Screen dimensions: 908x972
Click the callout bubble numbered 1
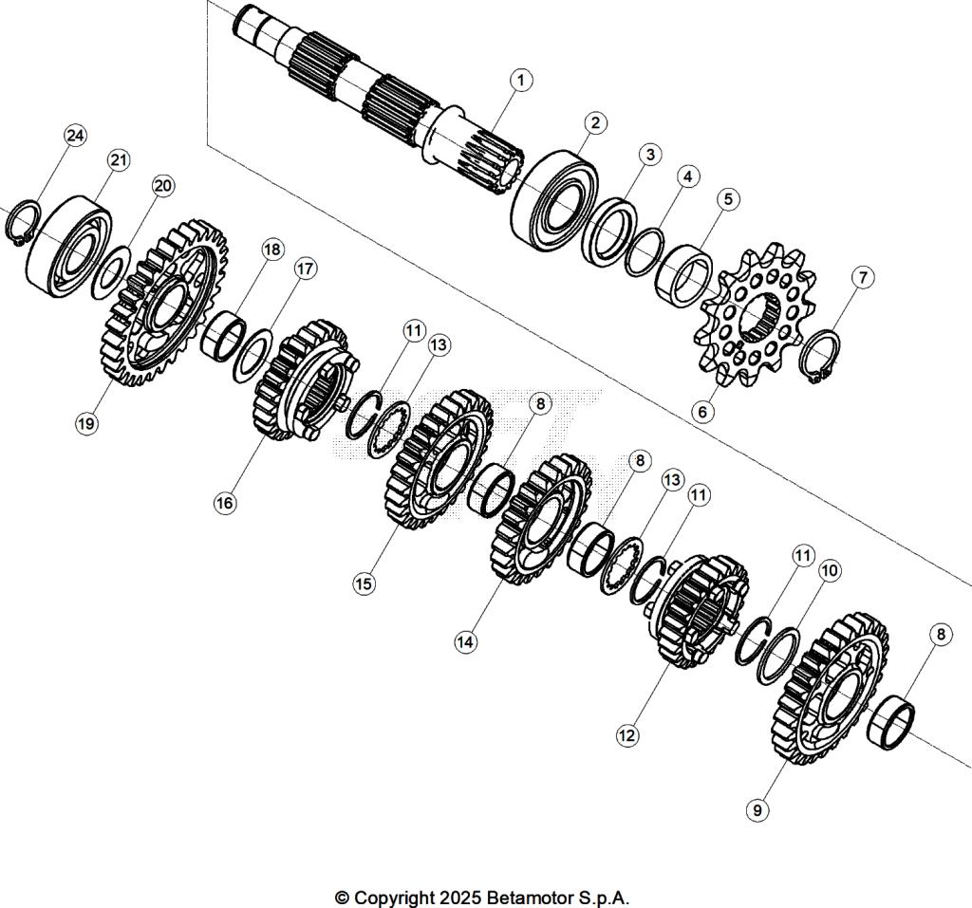coord(519,80)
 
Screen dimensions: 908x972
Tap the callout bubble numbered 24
coord(75,136)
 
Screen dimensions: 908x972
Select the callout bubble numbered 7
coord(862,277)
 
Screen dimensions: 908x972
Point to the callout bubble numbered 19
coord(86,424)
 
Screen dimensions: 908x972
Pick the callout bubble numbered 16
coord(224,503)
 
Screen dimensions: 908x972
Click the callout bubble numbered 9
coord(757,810)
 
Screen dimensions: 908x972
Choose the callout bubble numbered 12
coord(626,734)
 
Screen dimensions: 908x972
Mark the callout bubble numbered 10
coord(830,570)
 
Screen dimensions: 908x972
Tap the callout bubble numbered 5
coord(728,199)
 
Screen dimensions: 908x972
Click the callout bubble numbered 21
coord(118,160)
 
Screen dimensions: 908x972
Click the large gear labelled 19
coord(161,304)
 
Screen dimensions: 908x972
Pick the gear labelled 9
coord(832,688)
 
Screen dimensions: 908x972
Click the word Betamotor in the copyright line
coord(529,898)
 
